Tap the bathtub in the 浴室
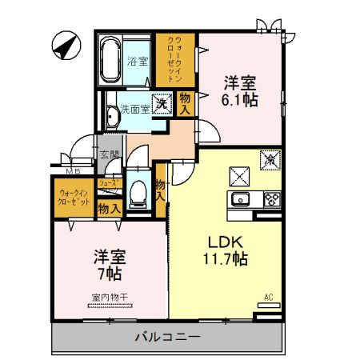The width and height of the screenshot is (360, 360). click(x=110, y=60)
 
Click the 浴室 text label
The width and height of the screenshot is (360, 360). click(x=138, y=61)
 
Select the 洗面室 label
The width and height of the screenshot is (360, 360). click(x=134, y=108)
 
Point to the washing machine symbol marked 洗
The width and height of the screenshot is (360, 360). click(x=162, y=102)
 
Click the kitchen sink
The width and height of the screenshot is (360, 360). click(x=240, y=200)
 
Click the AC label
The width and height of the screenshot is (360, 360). click(x=269, y=298)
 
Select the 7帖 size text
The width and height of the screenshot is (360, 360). click(x=109, y=274)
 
